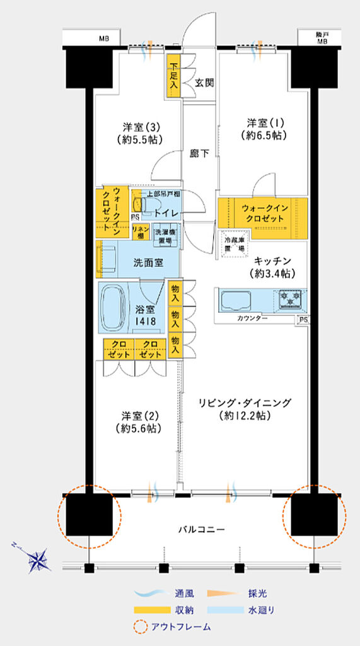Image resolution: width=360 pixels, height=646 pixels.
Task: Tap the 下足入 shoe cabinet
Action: (173, 76)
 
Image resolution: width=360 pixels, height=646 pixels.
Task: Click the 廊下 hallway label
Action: (199, 153)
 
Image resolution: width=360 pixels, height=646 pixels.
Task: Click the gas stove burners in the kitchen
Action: (290, 298)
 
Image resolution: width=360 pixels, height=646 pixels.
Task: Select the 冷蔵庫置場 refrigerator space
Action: (234, 245)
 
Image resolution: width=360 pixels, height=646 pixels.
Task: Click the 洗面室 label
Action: (149, 261)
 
